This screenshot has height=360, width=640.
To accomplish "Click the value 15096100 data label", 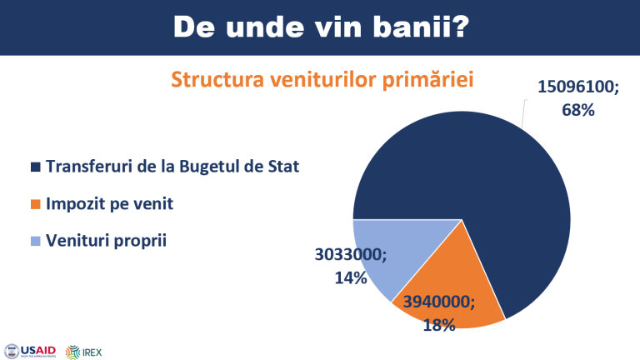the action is [578, 87].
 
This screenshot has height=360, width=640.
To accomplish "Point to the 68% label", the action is [578, 110].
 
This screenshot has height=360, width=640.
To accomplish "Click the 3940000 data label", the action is [439, 302].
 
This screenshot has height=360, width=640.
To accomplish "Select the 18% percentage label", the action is [439, 325].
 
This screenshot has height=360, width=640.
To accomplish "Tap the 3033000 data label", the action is [351, 255].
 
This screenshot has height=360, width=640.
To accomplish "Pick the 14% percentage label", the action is [351, 278].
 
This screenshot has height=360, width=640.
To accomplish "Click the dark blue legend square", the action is [36, 167].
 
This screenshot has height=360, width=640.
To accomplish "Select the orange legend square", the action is [36, 204].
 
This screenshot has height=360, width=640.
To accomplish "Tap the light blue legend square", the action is [36, 241].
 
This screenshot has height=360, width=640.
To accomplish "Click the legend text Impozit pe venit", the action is [109, 203].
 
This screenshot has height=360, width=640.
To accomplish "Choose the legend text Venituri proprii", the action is [106, 240].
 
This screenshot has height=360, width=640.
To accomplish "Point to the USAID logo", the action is [30, 352].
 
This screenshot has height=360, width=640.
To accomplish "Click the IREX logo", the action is [83, 352].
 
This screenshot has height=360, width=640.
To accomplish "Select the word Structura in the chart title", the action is [217, 79].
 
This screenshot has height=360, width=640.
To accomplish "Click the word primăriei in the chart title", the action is [427, 79].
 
